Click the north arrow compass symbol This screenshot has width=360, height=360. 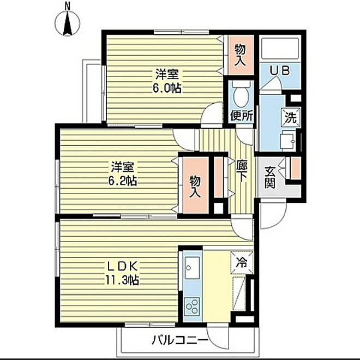tap(68, 22)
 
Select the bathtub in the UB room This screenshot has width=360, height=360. tap(280, 49)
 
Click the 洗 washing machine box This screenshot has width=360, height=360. tap(291, 116)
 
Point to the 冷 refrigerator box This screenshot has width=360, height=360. tap(242, 262)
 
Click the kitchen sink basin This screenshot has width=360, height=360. tap(192, 267)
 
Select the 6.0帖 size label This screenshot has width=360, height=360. tap(167, 88)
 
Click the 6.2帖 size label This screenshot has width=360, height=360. tap(122, 181)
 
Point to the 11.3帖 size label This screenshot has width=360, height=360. tap(122, 280)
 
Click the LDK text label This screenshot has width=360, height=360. tap(123, 266)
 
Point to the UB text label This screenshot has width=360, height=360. tap(279, 70)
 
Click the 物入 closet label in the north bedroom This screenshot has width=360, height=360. tap(240, 55)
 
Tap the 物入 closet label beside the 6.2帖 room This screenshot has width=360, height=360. tap(195, 186)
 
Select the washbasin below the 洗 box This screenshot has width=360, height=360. tap(288, 140)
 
